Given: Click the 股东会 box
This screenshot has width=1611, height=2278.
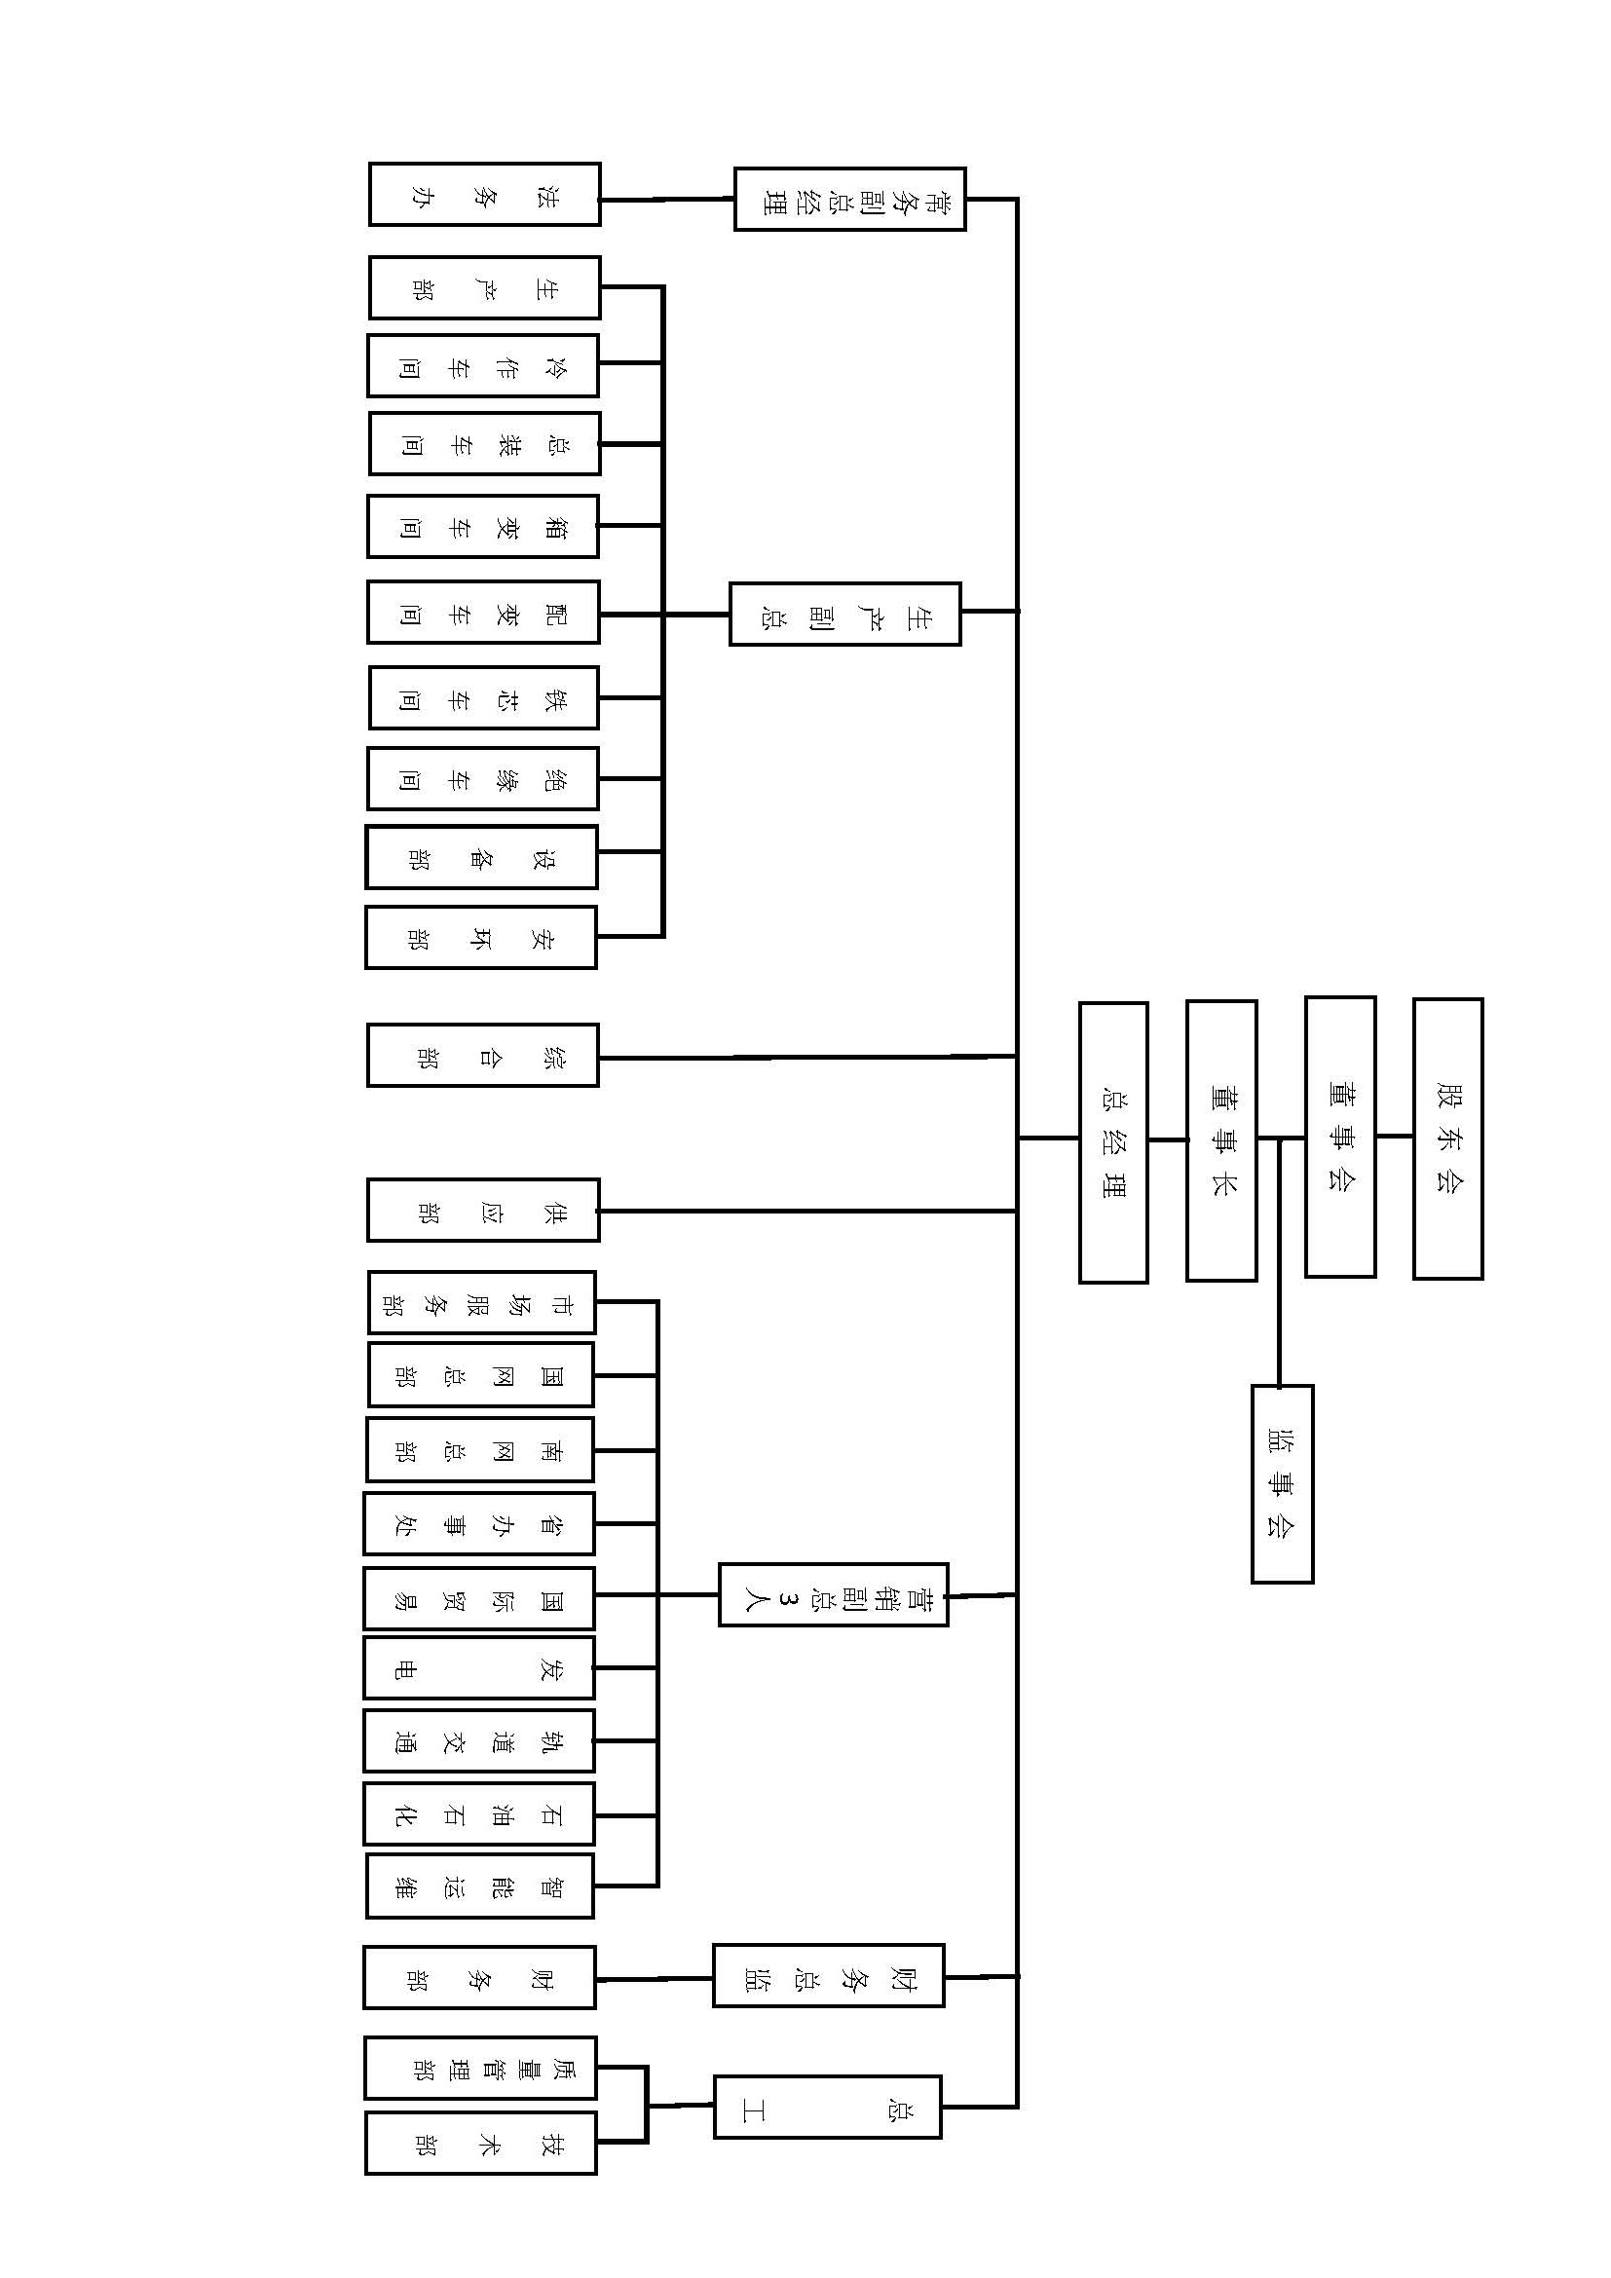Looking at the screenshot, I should [1447, 1138].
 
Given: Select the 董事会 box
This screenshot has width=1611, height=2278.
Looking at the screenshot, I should [1339, 1136].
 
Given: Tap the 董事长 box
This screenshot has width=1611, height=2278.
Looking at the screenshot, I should [1221, 1140].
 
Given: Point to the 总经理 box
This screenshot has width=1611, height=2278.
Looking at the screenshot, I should [1113, 1142].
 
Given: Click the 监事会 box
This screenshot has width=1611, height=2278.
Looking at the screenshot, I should [1282, 1483].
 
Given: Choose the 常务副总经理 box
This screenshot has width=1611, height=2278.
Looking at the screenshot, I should [849, 200].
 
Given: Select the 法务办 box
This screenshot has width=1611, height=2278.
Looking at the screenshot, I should [484, 195].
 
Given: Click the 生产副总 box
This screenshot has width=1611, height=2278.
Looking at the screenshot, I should [845, 615].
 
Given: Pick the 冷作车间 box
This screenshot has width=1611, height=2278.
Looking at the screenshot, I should [483, 366].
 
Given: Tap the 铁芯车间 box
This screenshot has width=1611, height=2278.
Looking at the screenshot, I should [483, 697].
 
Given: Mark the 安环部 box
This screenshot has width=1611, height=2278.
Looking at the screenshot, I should [481, 937].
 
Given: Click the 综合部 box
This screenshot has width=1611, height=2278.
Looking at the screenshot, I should [483, 1056].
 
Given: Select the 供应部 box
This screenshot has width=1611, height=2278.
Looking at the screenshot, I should [483, 1210].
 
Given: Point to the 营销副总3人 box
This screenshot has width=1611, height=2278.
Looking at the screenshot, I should [834, 1594].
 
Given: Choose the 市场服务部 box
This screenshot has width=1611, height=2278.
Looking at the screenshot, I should [481, 1302].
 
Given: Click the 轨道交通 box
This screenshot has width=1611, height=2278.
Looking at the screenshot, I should [479, 1740].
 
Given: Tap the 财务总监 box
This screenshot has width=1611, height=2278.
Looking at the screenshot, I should [828, 1975].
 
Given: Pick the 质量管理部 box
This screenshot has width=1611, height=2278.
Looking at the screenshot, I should [480, 2068].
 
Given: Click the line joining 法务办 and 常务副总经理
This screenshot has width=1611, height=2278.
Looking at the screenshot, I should [666, 200].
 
